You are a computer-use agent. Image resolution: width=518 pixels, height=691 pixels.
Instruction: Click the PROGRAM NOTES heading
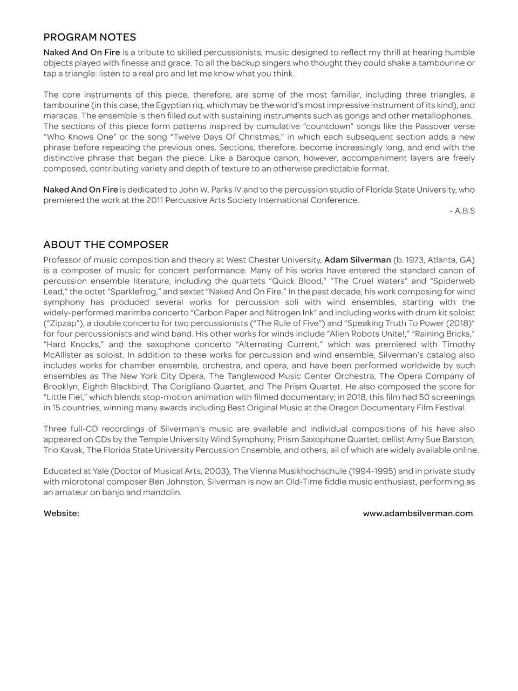(90, 37)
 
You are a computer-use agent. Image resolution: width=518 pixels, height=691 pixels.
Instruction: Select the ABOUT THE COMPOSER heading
(106, 245)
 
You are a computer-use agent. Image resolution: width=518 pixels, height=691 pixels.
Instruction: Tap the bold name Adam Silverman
(357, 260)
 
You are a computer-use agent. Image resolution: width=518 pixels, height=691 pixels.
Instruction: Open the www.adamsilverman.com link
(418, 513)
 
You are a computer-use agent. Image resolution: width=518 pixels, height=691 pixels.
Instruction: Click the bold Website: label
(61, 513)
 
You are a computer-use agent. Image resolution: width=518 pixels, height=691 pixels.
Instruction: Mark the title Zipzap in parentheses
(62, 323)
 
